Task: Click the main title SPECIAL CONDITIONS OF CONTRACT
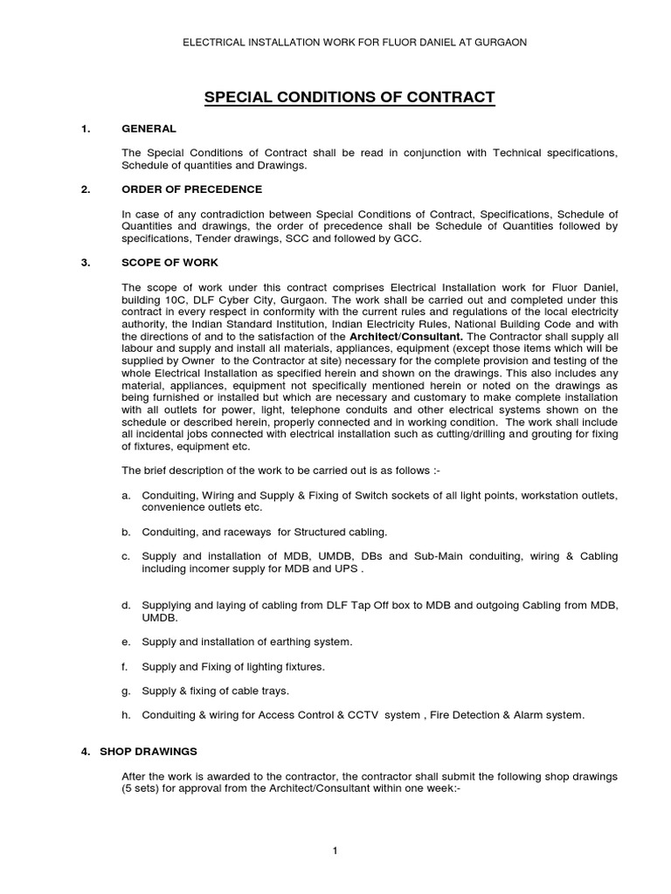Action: point(349,97)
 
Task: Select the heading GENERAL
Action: point(149,129)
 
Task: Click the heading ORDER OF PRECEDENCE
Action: point(192,189)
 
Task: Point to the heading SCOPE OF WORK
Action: point(170,262)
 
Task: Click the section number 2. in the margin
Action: point(86,189)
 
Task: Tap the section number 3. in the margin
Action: point(86,262)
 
